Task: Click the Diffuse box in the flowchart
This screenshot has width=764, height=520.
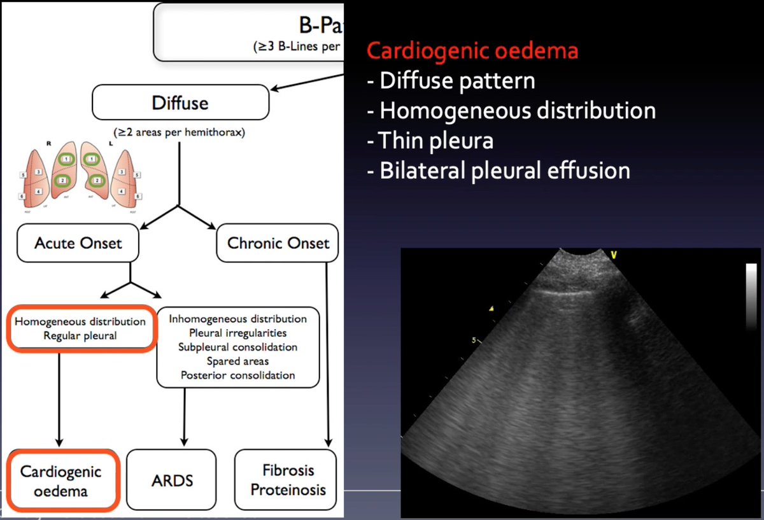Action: (180, 102)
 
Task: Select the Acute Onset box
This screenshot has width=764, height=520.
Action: (78, 242)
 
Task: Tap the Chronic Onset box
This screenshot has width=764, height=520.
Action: (278, 242)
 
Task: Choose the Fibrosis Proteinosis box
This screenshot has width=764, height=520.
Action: (288, 480)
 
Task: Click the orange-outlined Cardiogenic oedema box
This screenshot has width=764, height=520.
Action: (61, 481)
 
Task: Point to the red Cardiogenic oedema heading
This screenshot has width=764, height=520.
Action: (472, 50)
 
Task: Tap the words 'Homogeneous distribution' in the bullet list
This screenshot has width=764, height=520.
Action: (511, 111)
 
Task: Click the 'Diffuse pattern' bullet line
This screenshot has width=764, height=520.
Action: (451, 81)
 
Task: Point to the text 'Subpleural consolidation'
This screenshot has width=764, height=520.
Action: (238, 347)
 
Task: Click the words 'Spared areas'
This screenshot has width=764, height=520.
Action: (238, 361)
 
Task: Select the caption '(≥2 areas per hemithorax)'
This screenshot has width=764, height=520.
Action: (180, 133)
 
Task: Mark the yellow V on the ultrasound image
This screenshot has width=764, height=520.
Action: (613, 255)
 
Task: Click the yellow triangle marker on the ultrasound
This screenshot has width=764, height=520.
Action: (490, 309)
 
